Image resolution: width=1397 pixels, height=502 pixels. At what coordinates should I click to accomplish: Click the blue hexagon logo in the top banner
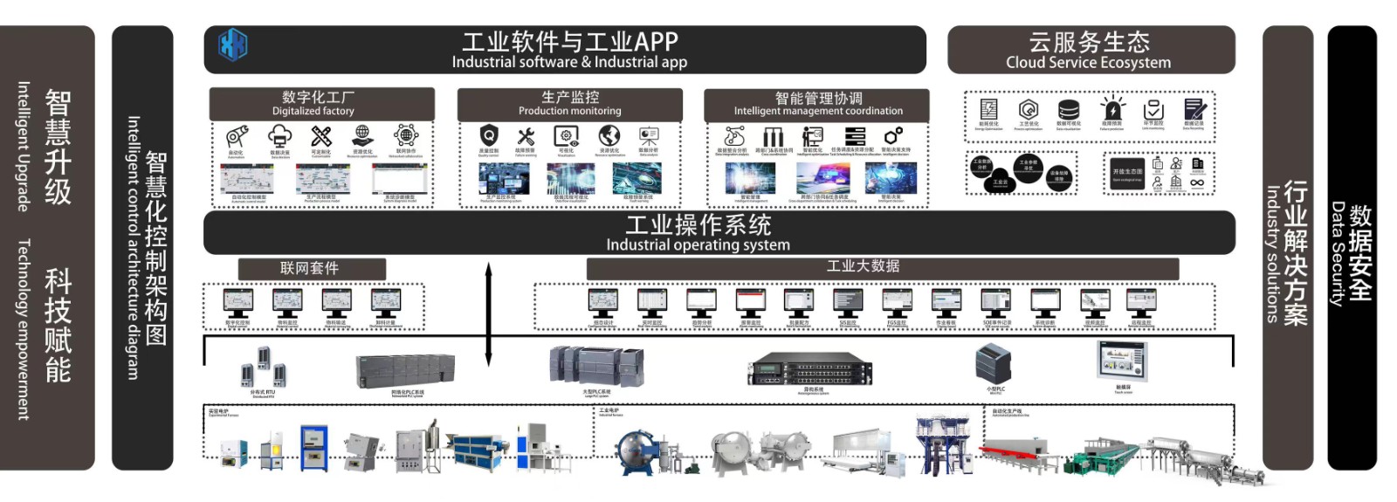coord(232,45)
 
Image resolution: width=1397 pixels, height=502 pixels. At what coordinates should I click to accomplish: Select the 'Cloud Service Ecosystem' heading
coord(1090,51)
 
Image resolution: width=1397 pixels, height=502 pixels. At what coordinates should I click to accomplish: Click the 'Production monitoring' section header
coord(570,103)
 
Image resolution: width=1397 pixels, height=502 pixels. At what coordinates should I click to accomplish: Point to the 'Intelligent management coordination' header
coord(817,104)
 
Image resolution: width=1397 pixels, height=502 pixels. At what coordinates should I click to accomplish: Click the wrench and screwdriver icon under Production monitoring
coord(526,136)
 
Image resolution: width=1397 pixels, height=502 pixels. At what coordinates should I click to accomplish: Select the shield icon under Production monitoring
coord(489,135)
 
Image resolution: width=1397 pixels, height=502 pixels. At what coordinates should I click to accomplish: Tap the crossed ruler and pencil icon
coord(321,136)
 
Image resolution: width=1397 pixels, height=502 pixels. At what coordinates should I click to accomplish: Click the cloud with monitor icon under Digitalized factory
coord(279,136)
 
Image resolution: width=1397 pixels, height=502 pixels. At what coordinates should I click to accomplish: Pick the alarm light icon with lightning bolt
coord(1112,110)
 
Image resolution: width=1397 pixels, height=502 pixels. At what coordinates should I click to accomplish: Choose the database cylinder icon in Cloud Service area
coord(1069,110)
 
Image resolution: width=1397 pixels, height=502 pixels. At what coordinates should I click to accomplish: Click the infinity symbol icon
coord(1197,182)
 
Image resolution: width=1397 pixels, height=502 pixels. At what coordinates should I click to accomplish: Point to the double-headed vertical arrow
coord(488,314)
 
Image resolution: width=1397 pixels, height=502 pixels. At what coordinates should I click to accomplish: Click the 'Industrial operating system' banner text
coord(698,234)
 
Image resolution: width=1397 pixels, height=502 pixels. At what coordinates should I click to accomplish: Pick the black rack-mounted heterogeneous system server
coord(810,369)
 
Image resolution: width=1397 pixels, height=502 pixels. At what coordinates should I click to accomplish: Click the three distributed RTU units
coord(263,367)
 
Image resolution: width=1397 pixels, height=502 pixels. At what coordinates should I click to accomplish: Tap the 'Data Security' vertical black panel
coord(1351,248)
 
